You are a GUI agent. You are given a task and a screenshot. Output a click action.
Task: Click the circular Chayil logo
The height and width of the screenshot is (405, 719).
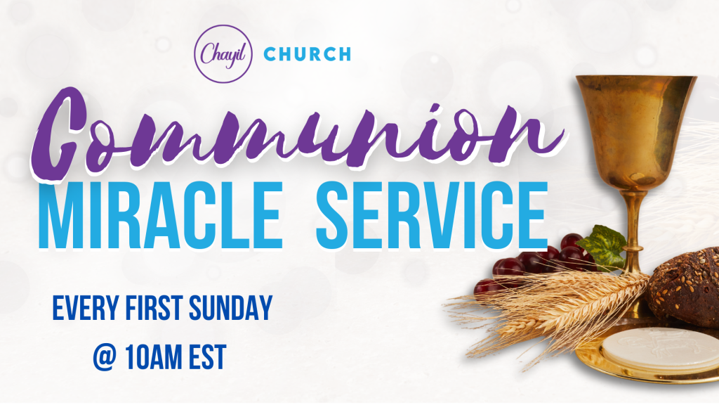[223, 53]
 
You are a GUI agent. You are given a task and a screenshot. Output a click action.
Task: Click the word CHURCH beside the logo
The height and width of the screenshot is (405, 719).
[308, 54]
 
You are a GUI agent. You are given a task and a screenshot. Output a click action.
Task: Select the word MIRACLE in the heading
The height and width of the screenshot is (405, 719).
[161, 215]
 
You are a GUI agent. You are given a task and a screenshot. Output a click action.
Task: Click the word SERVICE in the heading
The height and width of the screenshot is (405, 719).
[432, 215]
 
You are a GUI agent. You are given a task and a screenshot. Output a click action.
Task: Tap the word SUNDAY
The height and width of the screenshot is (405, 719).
[230, 308]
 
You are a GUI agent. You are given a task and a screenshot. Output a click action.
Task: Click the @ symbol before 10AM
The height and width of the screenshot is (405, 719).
[104, 358]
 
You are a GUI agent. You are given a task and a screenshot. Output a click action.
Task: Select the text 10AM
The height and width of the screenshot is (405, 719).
[154, 358]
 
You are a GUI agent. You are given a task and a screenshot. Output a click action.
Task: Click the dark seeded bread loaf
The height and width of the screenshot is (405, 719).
[685, 287]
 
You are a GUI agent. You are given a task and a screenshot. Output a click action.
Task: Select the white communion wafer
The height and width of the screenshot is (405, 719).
[660, 349]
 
